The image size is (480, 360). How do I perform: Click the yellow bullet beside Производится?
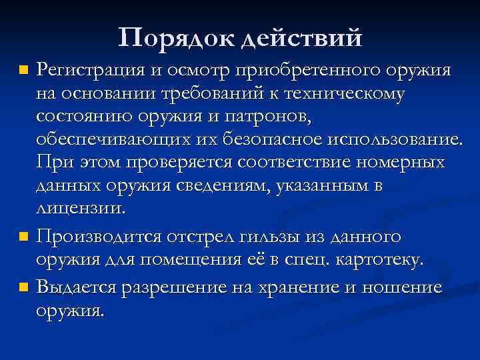pos(24,236)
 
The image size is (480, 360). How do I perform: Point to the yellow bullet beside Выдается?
pos(24,288)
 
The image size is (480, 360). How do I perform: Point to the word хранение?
pos(317,287)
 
